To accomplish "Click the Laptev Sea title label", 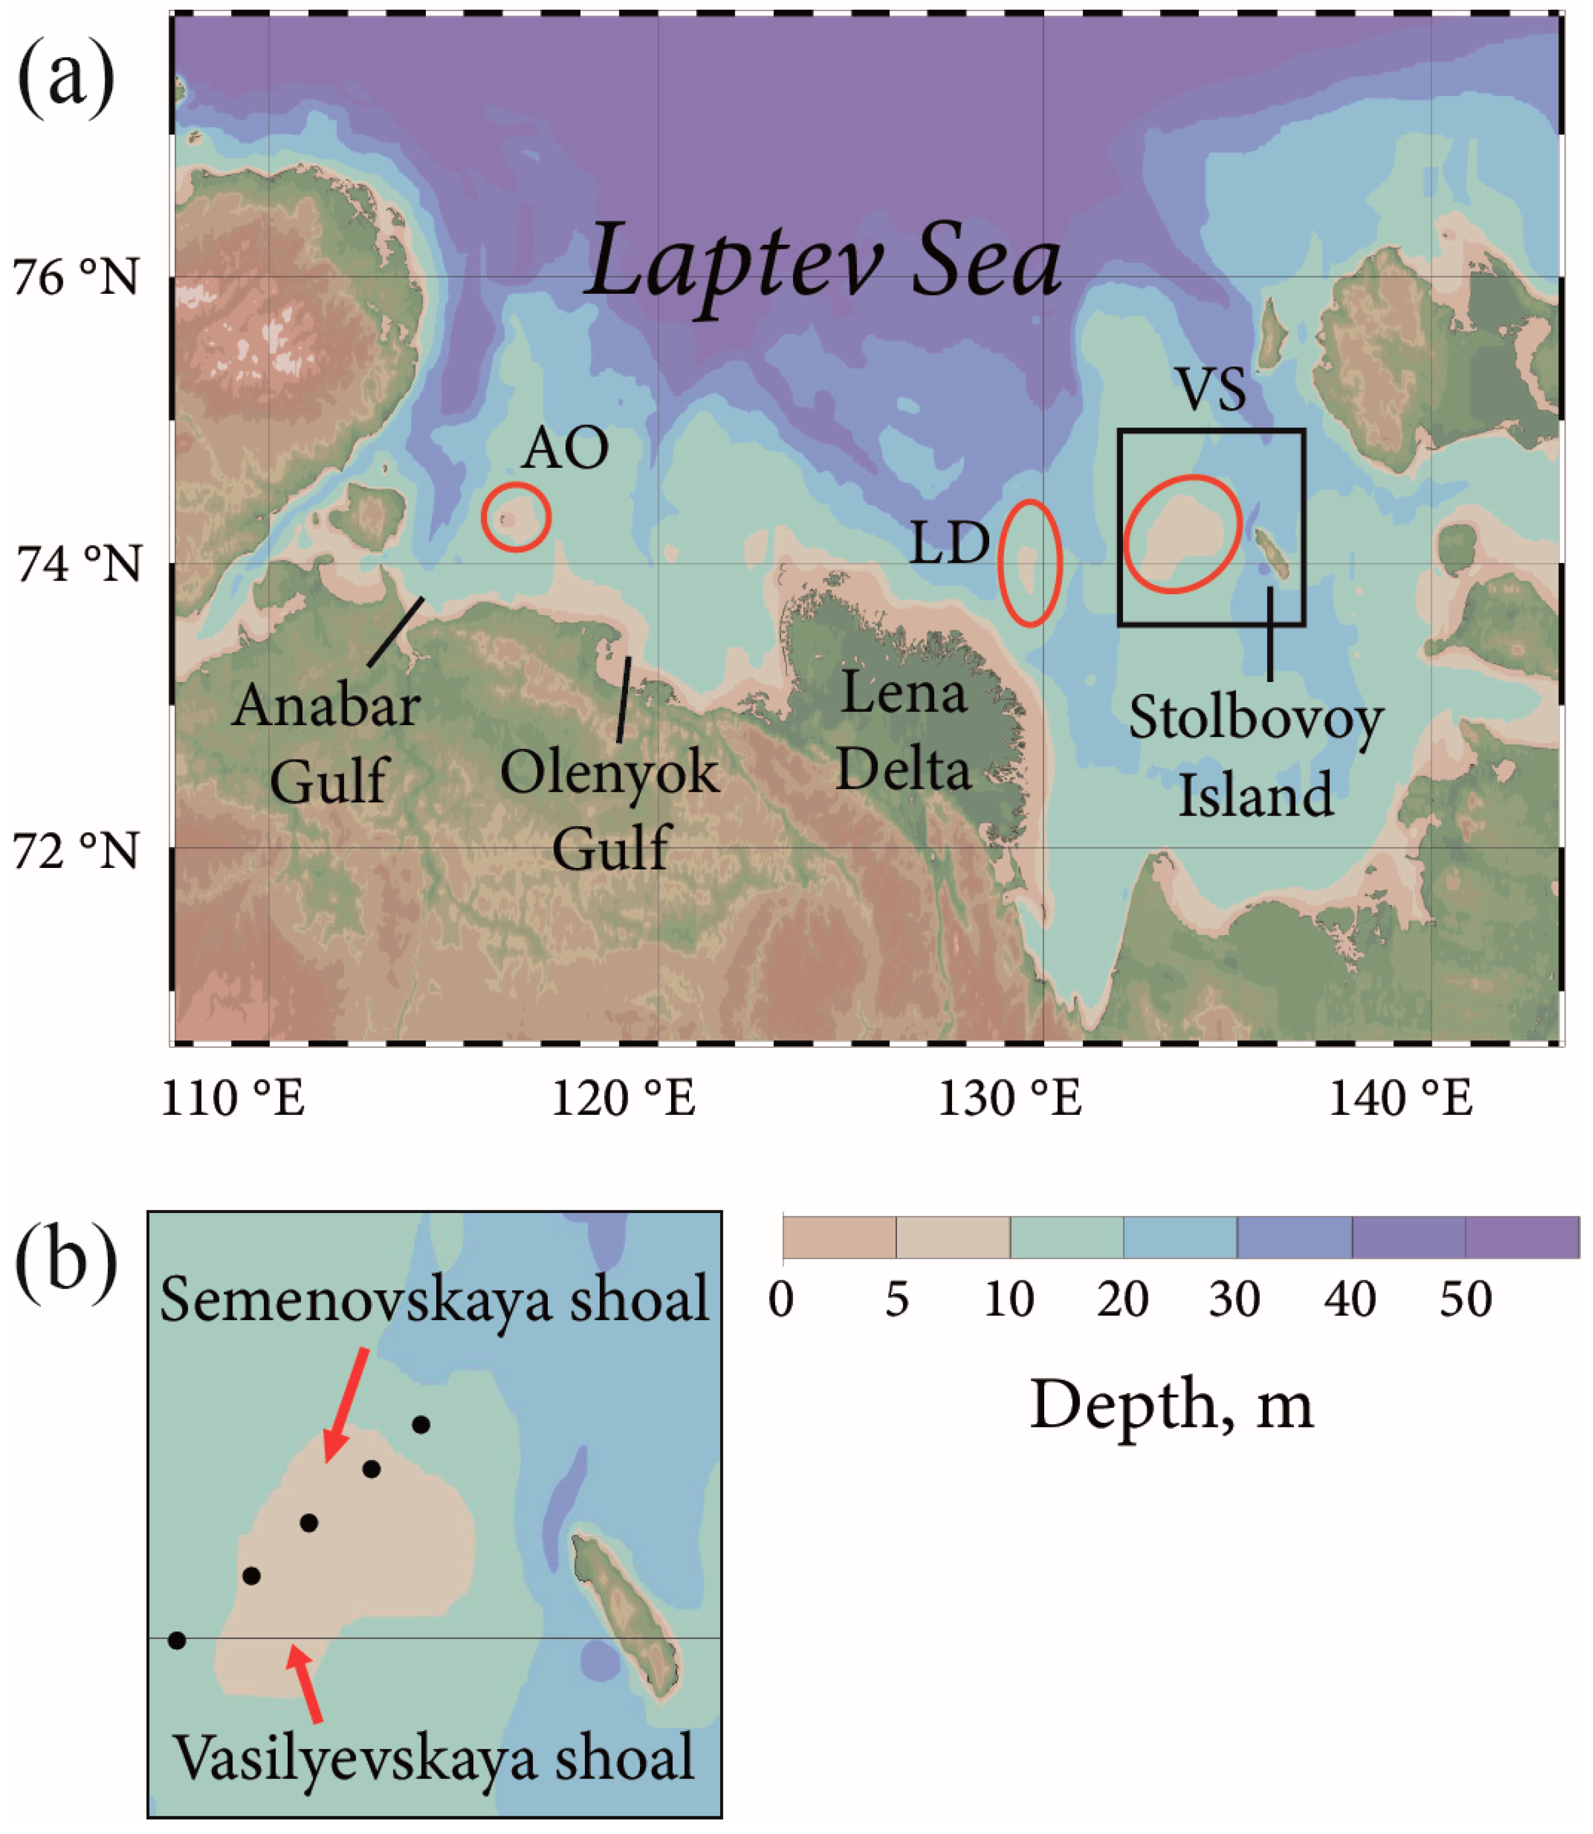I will [825, 262].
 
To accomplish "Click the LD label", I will [949, 543].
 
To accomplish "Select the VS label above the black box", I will [1212, 389].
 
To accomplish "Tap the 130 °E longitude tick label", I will [1010, 1098].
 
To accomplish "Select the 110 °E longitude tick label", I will [233, 1098].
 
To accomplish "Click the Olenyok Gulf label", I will [610, 810].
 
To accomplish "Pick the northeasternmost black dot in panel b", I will [422, 1425].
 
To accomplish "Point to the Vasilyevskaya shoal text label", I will [434, 1759].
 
